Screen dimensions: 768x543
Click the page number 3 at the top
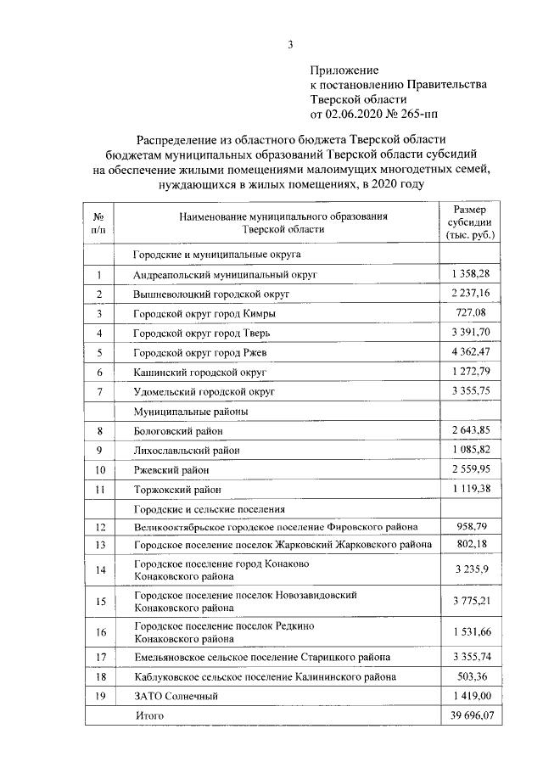(290, 44)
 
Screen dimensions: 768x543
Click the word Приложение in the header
(344, 70)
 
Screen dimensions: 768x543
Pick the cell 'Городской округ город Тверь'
(202, 333)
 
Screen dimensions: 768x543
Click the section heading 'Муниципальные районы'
(188, 411)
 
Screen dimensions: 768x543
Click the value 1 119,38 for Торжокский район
(471, 489)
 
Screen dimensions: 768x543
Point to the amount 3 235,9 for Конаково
(471, 569)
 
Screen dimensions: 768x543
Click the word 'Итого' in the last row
(149, 716)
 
